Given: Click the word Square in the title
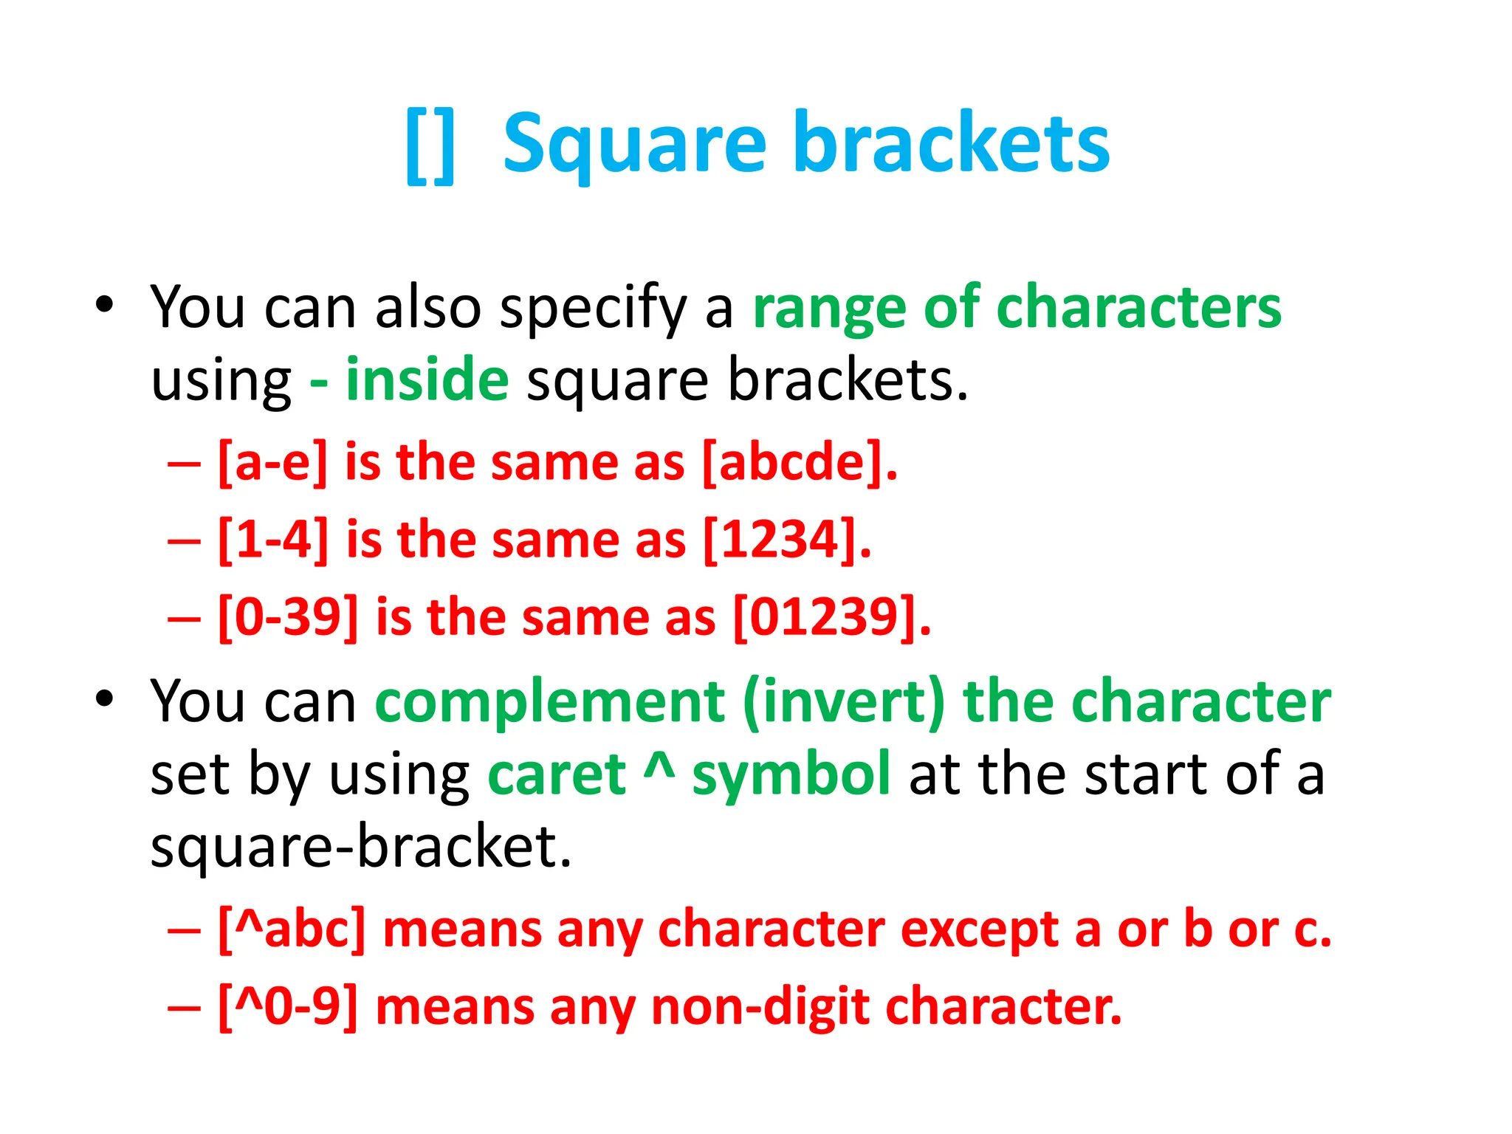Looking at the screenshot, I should coord(634,144).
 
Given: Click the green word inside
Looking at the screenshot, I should coord(427,379).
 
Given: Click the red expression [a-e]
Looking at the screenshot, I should coord(272,463).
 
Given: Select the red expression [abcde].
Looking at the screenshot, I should coord(800,463).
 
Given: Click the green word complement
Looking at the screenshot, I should coord(549,701).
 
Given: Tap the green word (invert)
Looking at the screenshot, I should coord(843,701).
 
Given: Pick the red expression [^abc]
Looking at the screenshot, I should coord(292,929).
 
